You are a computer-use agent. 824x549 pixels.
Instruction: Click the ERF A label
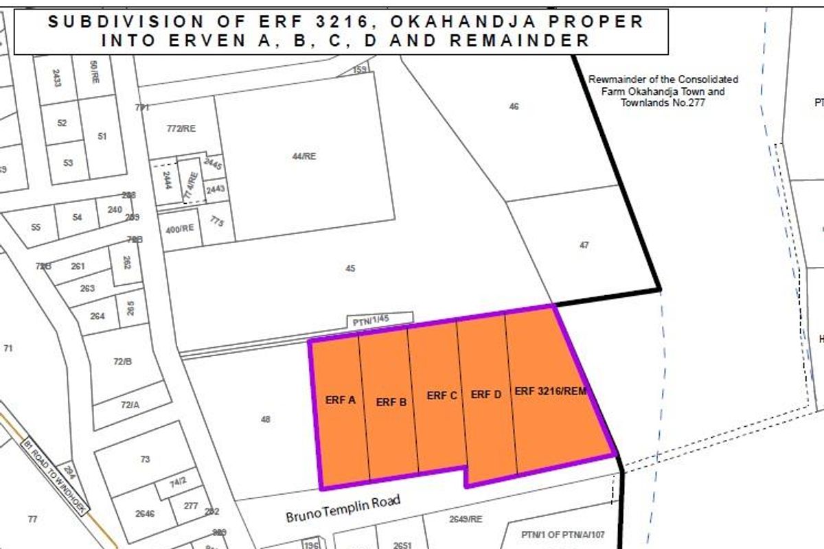click(x=341, y=399)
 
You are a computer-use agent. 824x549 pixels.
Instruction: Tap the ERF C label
click(x=442, y=395)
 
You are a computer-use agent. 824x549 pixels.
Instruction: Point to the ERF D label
click(x=486, y=395)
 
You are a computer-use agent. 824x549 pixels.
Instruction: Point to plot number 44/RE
click(x=304, y=156)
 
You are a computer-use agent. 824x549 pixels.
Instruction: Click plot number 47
click(x=584, y=244)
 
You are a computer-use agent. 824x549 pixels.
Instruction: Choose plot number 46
click(x=514, y=106)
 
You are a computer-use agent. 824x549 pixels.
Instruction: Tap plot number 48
click(x=266, y=419)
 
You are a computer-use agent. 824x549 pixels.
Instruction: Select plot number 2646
click(x=145, y=513)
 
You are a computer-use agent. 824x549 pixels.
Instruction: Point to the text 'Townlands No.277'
click(x=663, y=103)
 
